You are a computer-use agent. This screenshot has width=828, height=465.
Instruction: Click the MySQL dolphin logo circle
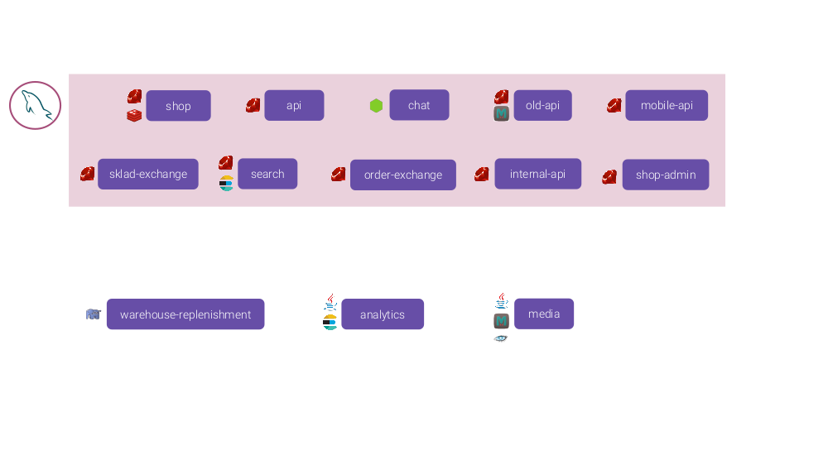coord(36,105)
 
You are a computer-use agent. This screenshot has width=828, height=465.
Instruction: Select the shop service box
coord(178,106)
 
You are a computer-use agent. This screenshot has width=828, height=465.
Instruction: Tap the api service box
coord(294,105)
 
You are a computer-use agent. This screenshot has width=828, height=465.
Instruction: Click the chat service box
coord(419,105)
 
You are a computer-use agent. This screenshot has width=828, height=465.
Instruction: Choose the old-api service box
coord(542,105)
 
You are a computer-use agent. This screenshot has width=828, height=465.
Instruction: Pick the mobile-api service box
coord(667,105)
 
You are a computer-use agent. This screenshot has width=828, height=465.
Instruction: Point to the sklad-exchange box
coord(148,174)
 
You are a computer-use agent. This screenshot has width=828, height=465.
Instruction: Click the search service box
coord(267,174)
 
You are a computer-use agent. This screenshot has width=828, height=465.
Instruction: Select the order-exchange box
coord(403,175)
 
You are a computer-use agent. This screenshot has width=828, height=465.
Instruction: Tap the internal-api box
coord(537,174)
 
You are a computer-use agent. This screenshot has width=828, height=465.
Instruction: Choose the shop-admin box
coord(666,175)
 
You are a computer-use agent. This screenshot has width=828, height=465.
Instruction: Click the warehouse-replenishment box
coord(185,314)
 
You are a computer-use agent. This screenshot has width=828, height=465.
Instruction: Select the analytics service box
coord(383,314)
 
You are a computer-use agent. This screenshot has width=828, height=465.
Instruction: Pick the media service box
coord(544,314)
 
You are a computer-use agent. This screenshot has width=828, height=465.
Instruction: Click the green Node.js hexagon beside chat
coord(376,106)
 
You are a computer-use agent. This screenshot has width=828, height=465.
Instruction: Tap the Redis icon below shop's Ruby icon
coord(134,116)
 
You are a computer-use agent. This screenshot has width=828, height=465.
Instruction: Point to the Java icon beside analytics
coord(330,302)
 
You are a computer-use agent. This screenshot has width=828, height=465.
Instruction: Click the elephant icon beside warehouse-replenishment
coord(94,314)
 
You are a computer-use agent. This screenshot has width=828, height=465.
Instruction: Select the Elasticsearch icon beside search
coord(226,184)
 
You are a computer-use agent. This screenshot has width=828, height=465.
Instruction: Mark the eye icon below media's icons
coord(501,338)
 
